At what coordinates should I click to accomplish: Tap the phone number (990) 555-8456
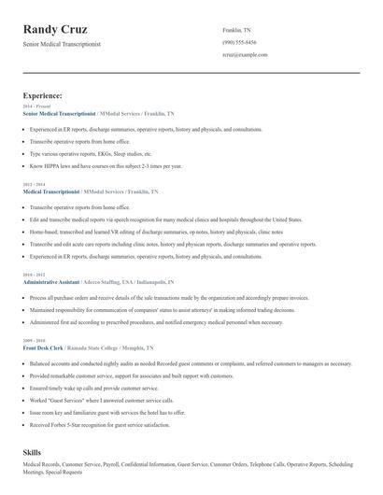tap(239, 42)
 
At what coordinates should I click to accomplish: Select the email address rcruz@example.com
tap(245, 55)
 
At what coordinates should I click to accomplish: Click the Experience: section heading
tap(43, 95)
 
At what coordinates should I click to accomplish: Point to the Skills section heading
tap(33, 451)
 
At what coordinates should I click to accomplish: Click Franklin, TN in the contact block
tap(238, 29)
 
